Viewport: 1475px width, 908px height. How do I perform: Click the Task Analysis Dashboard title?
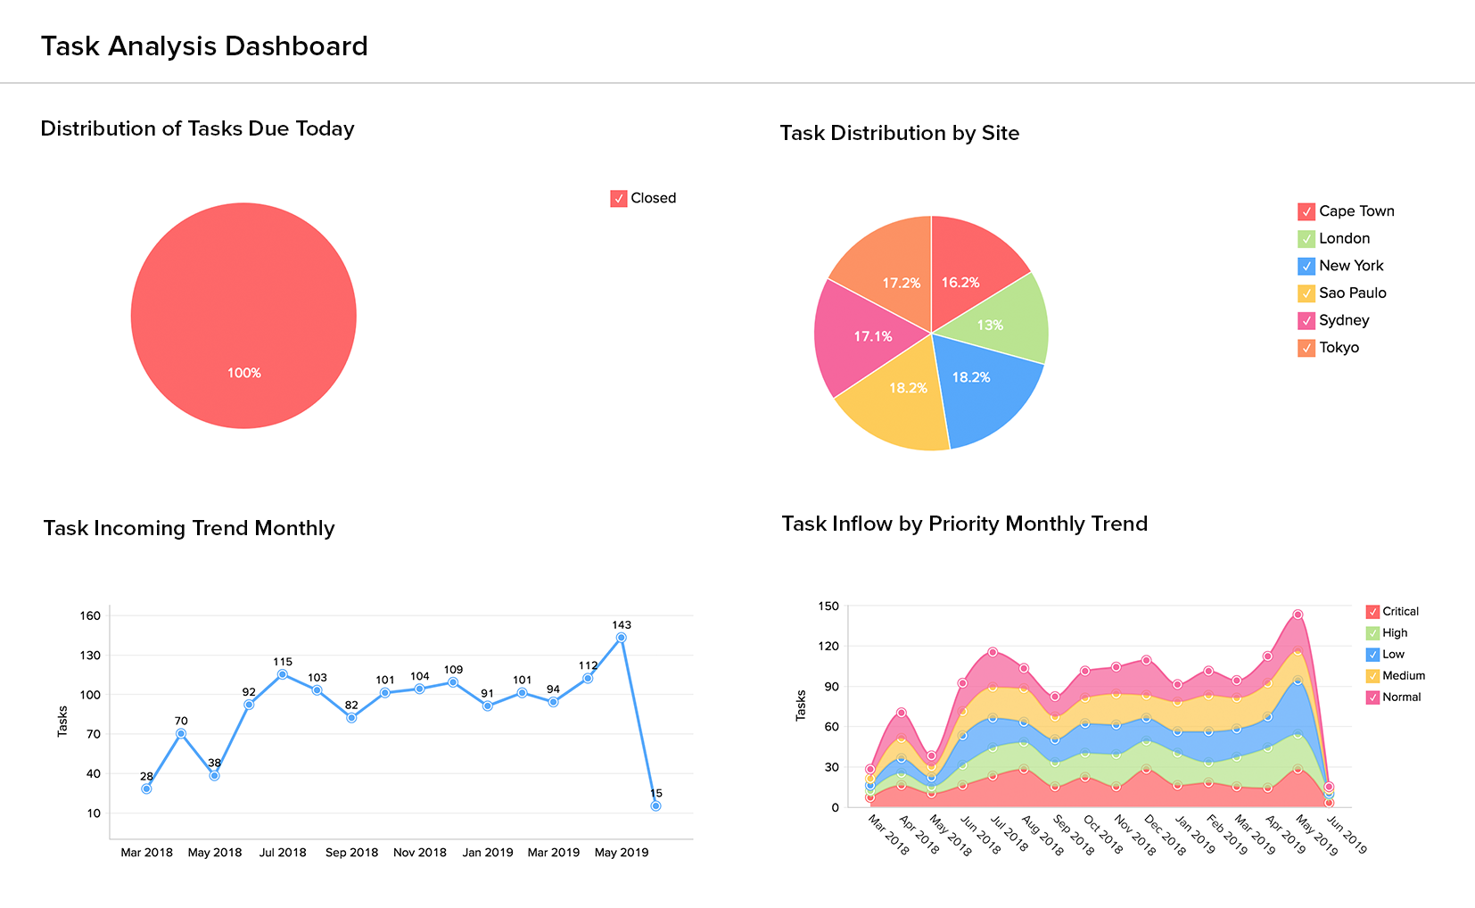[204, 46]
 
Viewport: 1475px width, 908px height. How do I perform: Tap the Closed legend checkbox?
[619, 199]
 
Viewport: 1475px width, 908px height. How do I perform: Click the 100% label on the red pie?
[243, 373]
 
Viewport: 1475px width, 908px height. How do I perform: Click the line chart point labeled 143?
[622, 638]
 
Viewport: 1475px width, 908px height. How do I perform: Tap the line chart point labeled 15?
[655, 805]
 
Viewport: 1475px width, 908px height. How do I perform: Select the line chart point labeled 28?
[146, 788]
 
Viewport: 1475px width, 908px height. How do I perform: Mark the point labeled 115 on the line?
[283, 674]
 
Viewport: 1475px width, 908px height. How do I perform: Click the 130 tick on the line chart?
[90, 656]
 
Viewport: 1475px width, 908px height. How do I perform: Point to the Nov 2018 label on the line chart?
[420, 853]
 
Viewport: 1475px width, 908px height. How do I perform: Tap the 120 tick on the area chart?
[828, 646]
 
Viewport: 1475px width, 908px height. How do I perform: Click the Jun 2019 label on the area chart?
[1347, 836]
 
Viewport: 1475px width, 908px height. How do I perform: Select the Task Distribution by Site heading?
[899, 133]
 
